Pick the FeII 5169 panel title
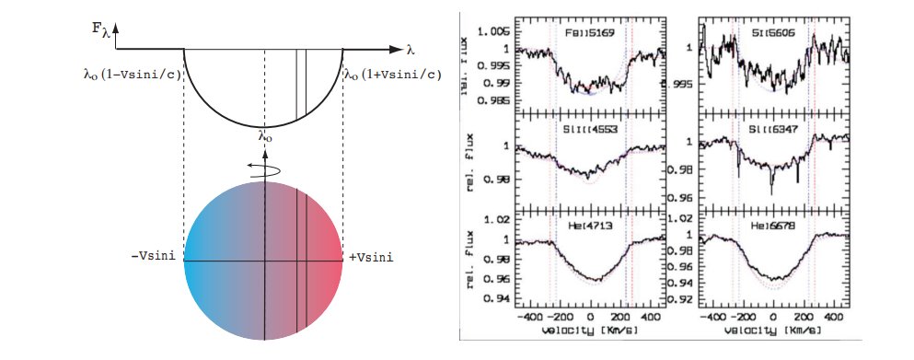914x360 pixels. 587,32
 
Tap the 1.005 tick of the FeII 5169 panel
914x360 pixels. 497,30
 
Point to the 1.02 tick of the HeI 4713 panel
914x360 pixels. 501,220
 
